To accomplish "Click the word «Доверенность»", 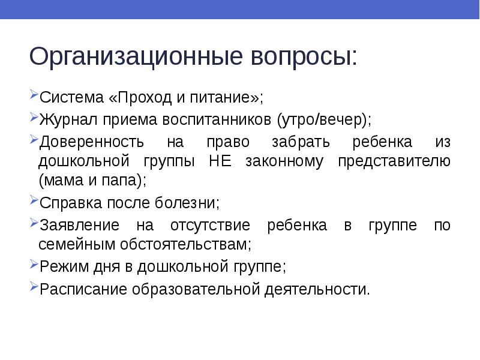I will coord(91,143).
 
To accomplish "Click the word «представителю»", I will coord(394,161).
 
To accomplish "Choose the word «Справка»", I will coord(70,202).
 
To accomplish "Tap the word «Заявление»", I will coord(79,226).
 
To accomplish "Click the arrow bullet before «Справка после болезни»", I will coord(32,201).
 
